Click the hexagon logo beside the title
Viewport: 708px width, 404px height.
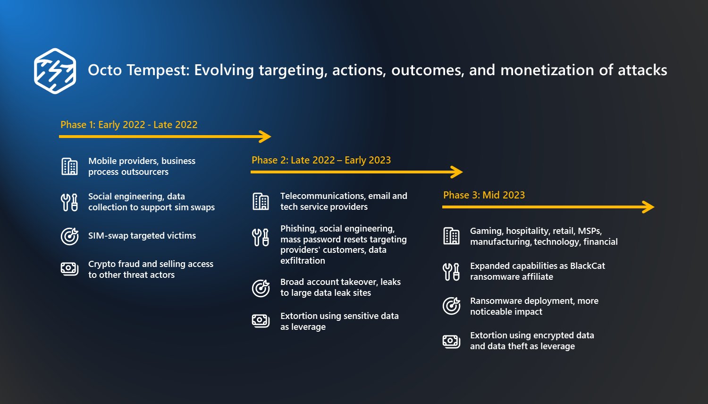point(55,71)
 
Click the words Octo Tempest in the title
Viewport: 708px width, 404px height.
point(138,70)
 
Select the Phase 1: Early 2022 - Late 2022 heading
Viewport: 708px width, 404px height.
point(129,125)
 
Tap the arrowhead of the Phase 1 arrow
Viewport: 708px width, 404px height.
point(266,137)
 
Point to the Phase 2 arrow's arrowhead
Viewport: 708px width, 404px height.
point(457,172)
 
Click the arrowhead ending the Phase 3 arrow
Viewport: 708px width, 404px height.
point(649,207)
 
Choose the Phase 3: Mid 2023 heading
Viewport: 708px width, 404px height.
point(484,195)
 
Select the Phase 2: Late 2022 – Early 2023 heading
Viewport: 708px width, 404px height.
point(321,160)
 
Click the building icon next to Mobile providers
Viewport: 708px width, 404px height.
point(69,166)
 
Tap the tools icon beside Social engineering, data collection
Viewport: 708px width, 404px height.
point(69,202)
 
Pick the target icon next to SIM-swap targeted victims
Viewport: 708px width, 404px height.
point(69,236)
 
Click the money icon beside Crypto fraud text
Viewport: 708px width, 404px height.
point(69,269)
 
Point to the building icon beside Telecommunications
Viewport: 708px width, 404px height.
point(261,201)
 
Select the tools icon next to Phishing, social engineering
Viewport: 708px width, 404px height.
point(261,237)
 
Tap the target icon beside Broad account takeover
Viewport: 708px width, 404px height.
point(261,288)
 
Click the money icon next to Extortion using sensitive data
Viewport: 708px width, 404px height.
point(261,321)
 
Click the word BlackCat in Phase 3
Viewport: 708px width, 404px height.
point(587,266)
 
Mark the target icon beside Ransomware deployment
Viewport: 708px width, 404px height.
point(451,306)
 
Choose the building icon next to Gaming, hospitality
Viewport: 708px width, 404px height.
point(451,236)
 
